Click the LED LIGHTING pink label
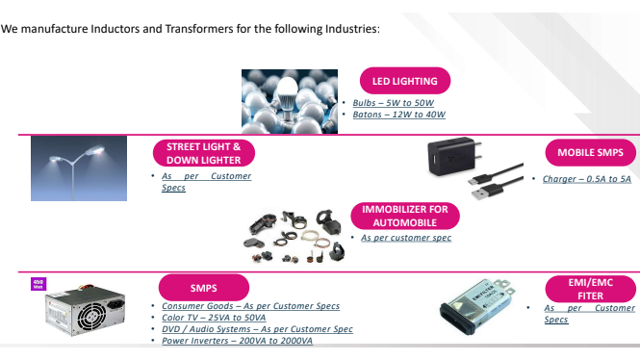click(404, 81)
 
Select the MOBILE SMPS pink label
click(590, 153)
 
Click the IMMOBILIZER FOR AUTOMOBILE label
click(404, 216)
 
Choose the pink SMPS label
click(202, 287)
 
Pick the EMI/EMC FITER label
click(590, 290)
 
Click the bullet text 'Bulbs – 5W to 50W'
click(394, 103)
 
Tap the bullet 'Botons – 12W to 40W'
click(398, 115)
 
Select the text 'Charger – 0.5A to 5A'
click(586, 179)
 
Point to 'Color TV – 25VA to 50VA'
click(216, 318)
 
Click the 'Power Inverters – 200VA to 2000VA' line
click(237, 341)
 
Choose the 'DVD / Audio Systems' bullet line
click(257, 329)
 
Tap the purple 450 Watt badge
click(38, 283)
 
